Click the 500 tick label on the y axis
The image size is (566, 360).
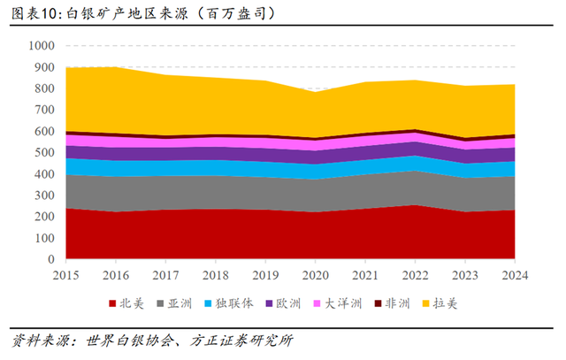click(43, 153)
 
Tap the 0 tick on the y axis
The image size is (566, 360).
click(51, 261)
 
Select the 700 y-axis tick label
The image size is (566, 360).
click(43, 111)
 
